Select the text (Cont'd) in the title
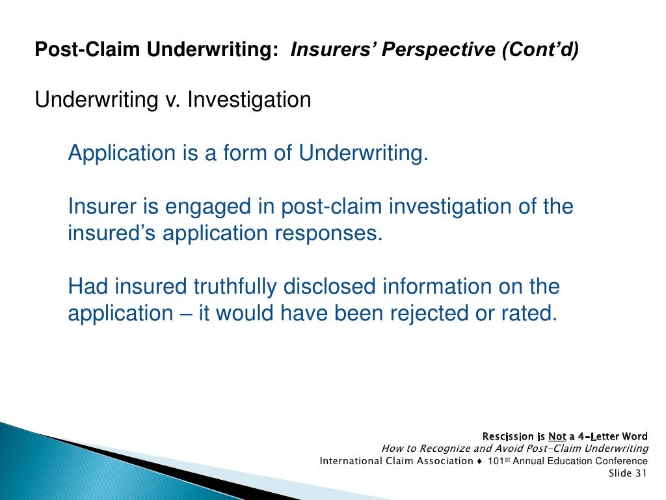(539, 50)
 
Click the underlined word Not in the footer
(557, 436)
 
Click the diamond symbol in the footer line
(479, 461)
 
